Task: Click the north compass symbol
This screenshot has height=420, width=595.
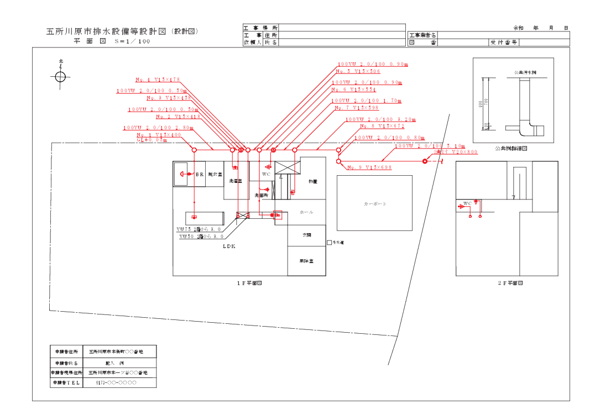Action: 61,76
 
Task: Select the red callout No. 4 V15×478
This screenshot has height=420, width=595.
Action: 158,80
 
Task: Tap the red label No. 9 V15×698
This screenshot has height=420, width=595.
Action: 369,167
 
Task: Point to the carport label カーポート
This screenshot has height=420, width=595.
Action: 375,204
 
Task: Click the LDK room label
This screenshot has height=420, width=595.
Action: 229,246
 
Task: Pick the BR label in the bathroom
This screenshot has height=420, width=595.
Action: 200,174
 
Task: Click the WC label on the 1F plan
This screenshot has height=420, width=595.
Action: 266,174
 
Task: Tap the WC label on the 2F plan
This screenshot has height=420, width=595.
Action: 467,203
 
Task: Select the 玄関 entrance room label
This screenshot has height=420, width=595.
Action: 307,235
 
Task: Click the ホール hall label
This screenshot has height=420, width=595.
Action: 306,212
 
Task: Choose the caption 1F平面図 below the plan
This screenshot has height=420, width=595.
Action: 249,283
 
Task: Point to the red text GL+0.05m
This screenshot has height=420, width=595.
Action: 152,140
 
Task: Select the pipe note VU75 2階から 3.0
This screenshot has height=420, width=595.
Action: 199,229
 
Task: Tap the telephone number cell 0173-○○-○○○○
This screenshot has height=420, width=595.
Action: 116,382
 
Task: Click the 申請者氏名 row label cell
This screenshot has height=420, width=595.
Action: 66,363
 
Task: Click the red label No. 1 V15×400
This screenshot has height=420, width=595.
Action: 159,135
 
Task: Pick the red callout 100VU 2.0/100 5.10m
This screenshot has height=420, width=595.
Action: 430,146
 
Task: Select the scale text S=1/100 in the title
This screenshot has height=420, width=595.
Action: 132,41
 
